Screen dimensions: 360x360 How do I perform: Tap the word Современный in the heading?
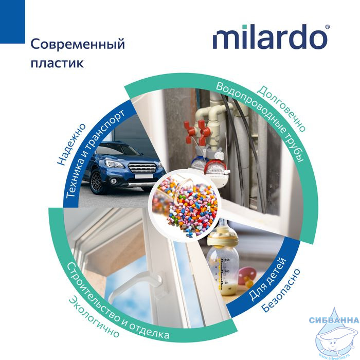[78, 44]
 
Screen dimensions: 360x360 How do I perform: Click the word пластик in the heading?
[57, 63]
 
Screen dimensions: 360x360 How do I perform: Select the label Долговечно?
[281, 109]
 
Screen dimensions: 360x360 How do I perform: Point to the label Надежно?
[71, 145]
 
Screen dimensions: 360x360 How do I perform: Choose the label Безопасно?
[281, 291]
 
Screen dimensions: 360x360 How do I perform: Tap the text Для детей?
[267, 279]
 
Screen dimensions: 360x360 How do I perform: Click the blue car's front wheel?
[97, 181]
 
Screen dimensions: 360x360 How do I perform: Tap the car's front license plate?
[143, 176]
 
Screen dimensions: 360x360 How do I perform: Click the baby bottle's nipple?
[222, 227]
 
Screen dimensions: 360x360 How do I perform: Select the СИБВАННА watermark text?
[334, 320]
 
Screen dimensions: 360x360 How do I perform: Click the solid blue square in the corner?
[12, 22]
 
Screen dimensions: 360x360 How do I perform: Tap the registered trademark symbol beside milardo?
[328, 27]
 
